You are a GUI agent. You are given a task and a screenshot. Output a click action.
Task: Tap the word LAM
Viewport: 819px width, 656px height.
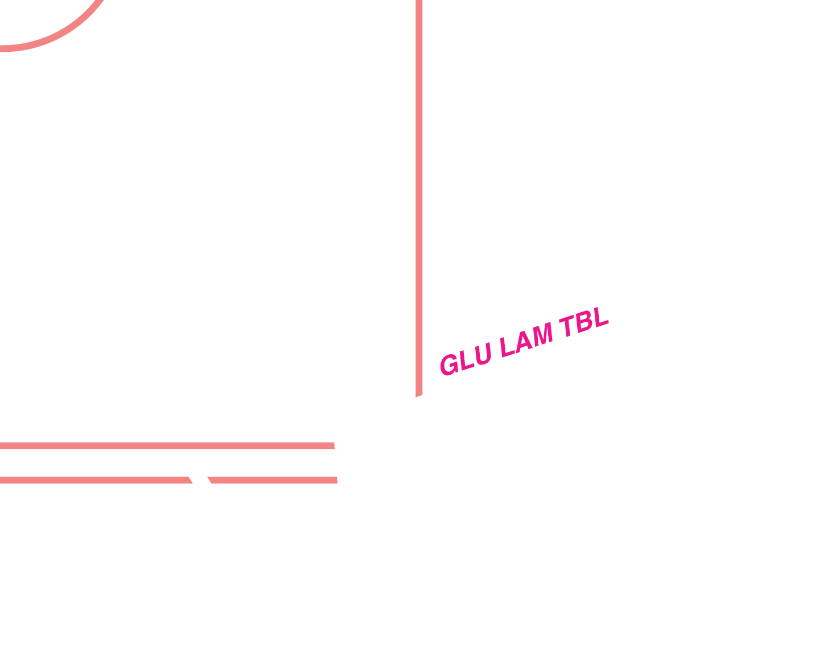click(526, 341)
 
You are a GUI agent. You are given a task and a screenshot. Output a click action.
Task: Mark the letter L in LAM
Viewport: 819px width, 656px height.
click(507, 347)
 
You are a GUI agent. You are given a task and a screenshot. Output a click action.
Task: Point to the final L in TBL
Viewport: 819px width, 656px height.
click(600, 318)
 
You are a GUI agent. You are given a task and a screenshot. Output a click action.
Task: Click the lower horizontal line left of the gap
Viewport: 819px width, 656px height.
click(91, 480)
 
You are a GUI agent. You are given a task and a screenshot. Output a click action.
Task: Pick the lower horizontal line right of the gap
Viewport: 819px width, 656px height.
click(273, 480)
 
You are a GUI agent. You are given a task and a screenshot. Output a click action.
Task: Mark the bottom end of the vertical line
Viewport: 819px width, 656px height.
click(419, 392)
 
